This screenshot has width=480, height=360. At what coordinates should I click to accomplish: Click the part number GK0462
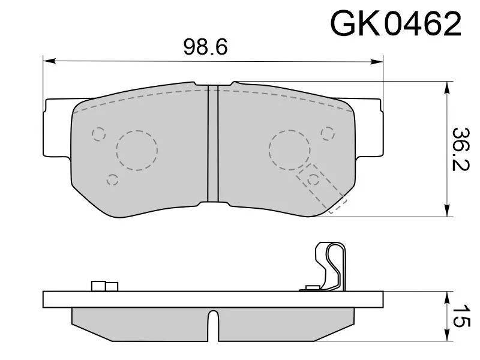pos(395,24)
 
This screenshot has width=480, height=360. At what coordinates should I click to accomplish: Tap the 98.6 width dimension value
pos(205,47)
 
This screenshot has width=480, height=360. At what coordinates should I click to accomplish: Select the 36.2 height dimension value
pos(460,149)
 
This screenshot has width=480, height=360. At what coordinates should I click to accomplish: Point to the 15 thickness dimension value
pos(460,316)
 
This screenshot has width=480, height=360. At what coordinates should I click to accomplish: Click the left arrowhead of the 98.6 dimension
pos(49,61)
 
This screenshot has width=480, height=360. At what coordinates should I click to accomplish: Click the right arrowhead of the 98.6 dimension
pos(377,62)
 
